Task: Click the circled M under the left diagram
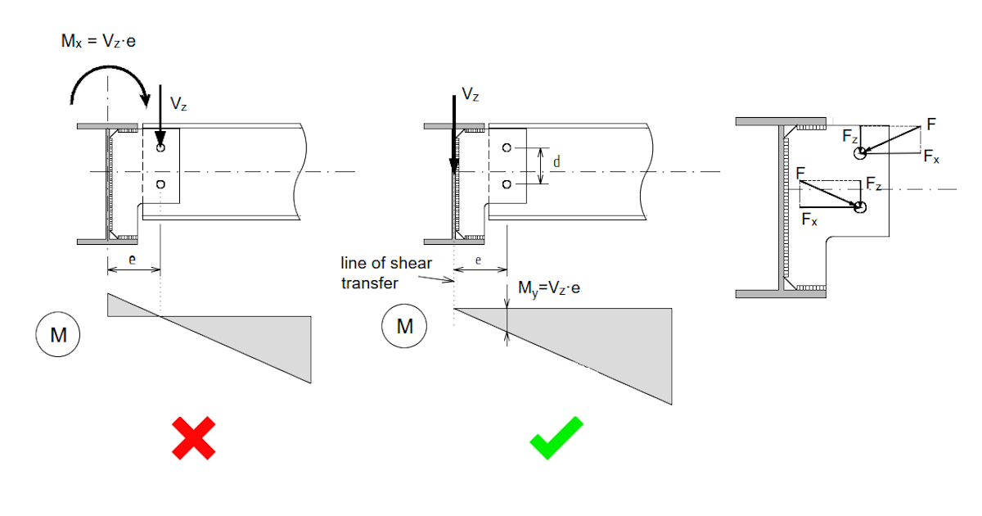[56, 335]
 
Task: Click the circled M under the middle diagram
[404, 327]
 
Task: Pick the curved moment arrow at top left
[111, 84]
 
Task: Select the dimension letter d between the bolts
[556, 163]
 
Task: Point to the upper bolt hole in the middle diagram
[507, 147]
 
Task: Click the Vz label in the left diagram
[179, 103]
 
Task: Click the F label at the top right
[930, 124]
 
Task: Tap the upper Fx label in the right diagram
[931, 156]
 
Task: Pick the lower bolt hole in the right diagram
[859, 208]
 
